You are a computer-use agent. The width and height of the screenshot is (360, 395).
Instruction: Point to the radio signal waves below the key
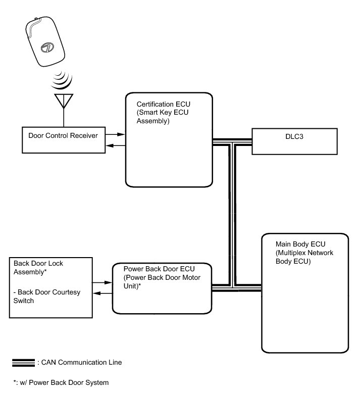pyautogui.click(x=63, y=81)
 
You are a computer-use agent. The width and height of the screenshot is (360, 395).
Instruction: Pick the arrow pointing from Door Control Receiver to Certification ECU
pyautogui.click(x=116, y=134)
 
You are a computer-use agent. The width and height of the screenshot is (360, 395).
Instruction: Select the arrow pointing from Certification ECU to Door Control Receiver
pyautogui.click(x=115, y=146)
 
